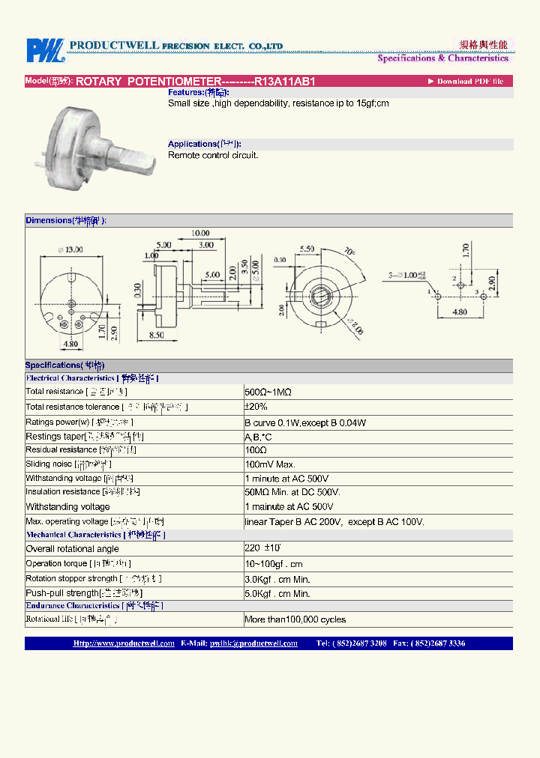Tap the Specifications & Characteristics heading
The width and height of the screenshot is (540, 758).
point(442,58)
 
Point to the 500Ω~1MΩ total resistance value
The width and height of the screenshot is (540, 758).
point(268,392)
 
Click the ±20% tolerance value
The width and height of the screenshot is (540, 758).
point(256,407)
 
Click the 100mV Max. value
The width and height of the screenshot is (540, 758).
point(271,465)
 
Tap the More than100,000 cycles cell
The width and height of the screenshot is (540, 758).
point(295,619)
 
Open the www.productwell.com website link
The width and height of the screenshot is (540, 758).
point(124,643)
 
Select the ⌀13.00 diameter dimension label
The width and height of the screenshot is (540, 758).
point(70,250)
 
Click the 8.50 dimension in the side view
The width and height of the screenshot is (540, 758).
point(156,336)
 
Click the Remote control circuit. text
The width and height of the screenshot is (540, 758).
point(213,155)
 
